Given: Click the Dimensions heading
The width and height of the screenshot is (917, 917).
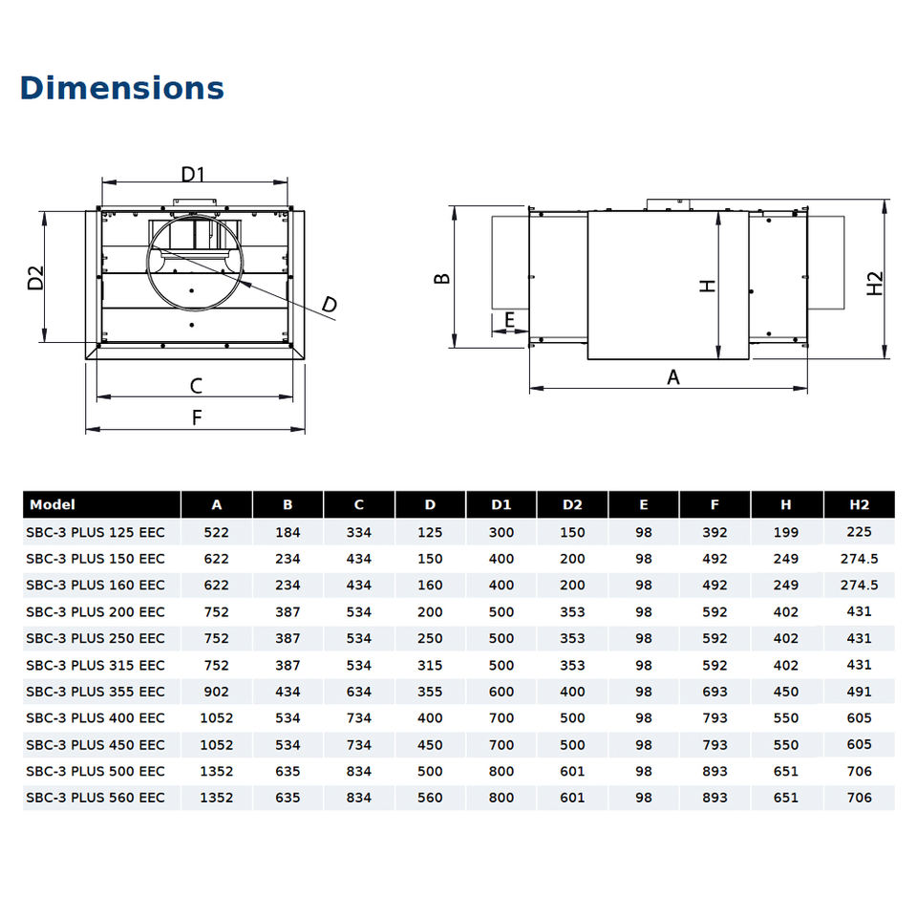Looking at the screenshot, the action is [x=122, y=88].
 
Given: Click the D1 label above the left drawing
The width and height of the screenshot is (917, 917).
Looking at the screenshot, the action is [x=193, y=174].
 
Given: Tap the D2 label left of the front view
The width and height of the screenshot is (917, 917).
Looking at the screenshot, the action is [x=35, y=278].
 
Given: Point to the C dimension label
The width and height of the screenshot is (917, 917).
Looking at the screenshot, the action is [x=196, y=386].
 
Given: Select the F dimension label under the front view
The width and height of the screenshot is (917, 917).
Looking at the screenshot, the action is [x=197, y=417].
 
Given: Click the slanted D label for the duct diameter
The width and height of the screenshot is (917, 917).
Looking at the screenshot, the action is [x=330, y=305].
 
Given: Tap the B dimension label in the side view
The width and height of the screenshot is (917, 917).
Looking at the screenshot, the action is [x=442, y=278].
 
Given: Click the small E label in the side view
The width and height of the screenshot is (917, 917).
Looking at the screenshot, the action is [x=509, y=319].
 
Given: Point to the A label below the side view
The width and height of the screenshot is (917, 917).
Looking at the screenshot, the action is [x=673, y=377].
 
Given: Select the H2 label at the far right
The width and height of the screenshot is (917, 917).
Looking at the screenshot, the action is [x=874, y=284].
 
